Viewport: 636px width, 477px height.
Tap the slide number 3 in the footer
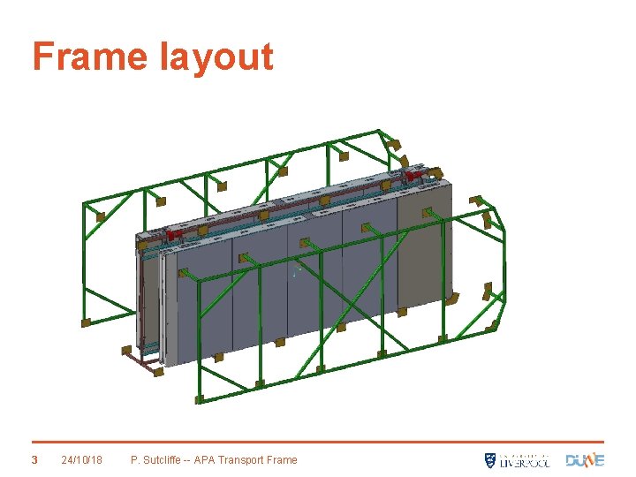pyautogui.click(x=34, y=459)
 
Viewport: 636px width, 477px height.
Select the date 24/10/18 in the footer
pyautogui.click(x=82, y=459)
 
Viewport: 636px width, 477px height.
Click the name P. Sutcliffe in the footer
pyautogui.click(x=156, y=459)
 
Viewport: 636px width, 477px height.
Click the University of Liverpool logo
pyautogui.click(x=517, y=459)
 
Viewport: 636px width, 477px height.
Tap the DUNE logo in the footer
pyautogui.click(x=585, y=459)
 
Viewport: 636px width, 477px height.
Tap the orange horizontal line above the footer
pyautogui.click(x=318, y=442)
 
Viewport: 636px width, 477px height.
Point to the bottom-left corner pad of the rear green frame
pyautogui.click(x=87, y=323)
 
